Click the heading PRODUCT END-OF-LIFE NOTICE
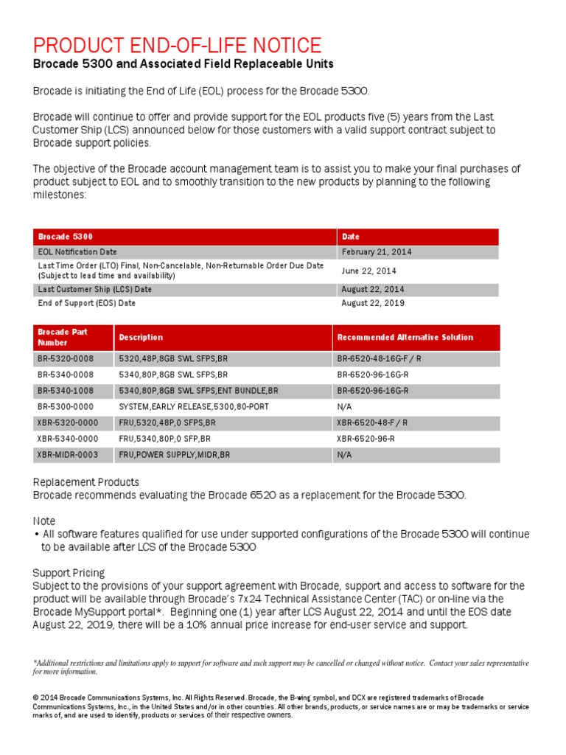click(x=177, y=45)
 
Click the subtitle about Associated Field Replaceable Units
click(x=183, y=64)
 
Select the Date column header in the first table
click(x=351, y=237)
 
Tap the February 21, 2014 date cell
click(x=377, y=252)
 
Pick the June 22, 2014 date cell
click(x=369, y=271)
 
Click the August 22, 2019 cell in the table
click(x=373, y=303)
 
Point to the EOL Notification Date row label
click(x=77, y=252)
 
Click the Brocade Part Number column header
click(x=63, y=337)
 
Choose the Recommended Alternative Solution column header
click(x=405, y=337)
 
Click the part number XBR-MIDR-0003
click(x=68, y=455)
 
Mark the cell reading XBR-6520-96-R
click(x=366, y=439)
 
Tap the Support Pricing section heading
click(x=69, y=573)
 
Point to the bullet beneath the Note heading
click(x=37, y=535)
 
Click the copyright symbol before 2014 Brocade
click(x=35, y=697)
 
